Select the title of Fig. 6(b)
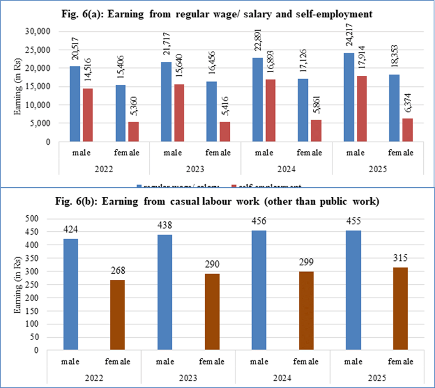click(x=217, y=201)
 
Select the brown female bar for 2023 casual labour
click(x=211, y=312)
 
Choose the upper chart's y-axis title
click(x=18, y=87)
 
